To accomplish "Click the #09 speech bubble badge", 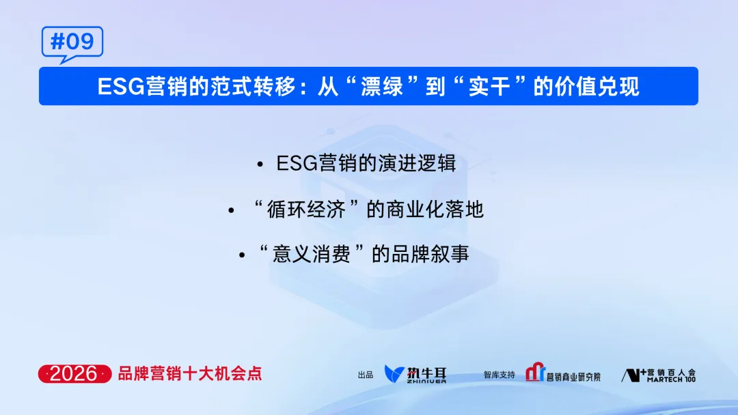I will click(72, 42).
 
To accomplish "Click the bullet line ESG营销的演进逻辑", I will click(366, 164).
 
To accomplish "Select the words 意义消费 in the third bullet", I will click(311, 254).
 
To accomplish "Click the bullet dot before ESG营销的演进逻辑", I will click(260, 165).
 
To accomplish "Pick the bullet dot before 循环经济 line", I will click(231, 210).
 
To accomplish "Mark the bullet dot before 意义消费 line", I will click(242, 255).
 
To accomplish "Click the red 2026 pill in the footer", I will click(74, 374).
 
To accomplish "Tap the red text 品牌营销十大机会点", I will click(189, 374).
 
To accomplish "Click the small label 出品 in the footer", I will click(366, 375).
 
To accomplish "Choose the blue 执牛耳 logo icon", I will click(395, 374).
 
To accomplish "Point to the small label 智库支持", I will click(499, 375).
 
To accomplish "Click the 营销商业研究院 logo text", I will click(573, 376).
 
